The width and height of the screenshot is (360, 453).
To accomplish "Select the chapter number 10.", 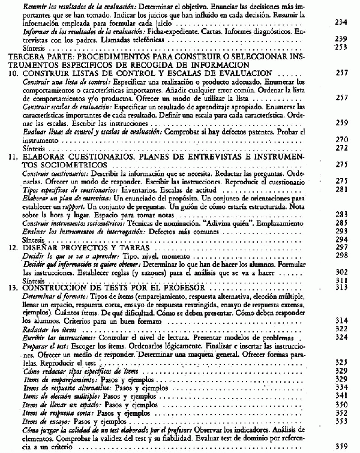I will point(10,72).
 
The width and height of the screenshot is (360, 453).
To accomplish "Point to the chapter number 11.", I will point(10,157).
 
